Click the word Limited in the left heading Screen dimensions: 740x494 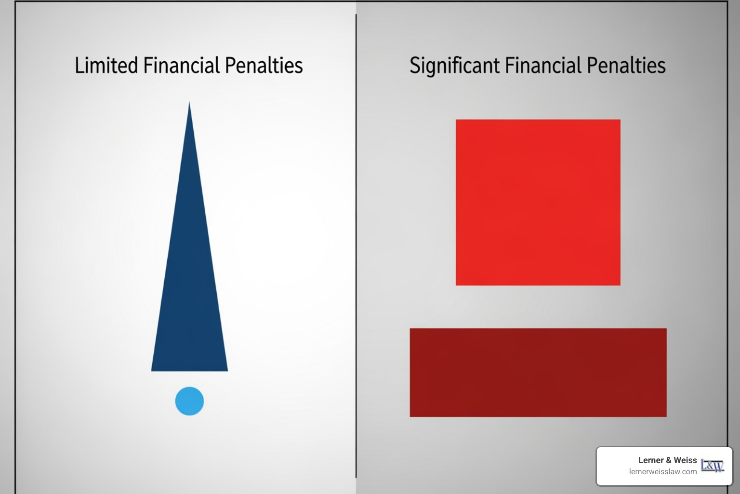(106, 65)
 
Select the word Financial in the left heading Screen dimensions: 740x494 (181, 65)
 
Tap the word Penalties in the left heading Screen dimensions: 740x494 (264, 65)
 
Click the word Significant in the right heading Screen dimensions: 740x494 (454, 66)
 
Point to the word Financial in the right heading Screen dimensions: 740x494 (543, 65)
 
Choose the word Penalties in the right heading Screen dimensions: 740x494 (626, 65)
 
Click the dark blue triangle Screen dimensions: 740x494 (189, 281)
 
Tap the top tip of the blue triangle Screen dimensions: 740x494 (189, 101)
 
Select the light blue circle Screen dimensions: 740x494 (189, 401)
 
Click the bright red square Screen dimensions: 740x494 (538, 203)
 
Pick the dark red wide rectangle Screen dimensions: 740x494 (538, 372)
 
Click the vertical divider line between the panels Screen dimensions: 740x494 (356, 246)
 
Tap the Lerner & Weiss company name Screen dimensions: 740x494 (667, 460)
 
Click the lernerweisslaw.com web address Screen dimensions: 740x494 (663, 472)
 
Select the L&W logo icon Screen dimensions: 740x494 (712, 466)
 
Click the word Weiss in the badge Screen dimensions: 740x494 (685, 460)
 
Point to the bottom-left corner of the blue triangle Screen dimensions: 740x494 (151, 371)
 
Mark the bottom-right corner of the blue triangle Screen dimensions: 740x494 (227, 371)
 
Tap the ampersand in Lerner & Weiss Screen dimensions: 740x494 (669, 460)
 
